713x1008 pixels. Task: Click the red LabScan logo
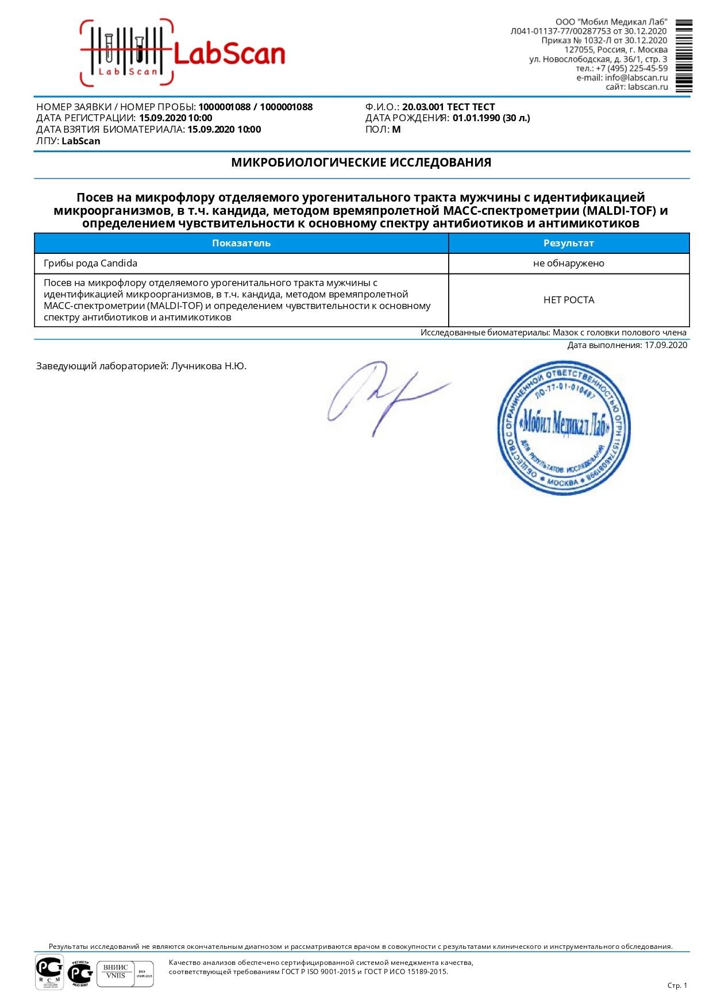tap(183, 53)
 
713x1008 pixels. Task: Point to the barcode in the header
tap(684, 56)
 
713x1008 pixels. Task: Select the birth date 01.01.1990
tap(476, 118)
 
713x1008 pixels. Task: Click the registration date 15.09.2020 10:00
tap(176, 118)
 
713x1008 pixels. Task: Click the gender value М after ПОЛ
tap(396, 130)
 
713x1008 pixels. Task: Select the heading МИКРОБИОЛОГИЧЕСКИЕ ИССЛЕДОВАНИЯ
tap(361, 163)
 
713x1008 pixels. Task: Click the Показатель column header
tap(241, 244)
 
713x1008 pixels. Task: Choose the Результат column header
tap(568, 244)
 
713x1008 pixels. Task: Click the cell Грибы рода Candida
tap(91, 264)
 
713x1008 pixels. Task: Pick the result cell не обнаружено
tap(568, 264)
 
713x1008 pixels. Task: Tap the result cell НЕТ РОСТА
tap(568, 300)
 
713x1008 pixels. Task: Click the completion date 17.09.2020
tap(665, 345)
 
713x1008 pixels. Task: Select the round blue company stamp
tap(564, 428)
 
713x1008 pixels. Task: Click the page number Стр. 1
tap(677, 986)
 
